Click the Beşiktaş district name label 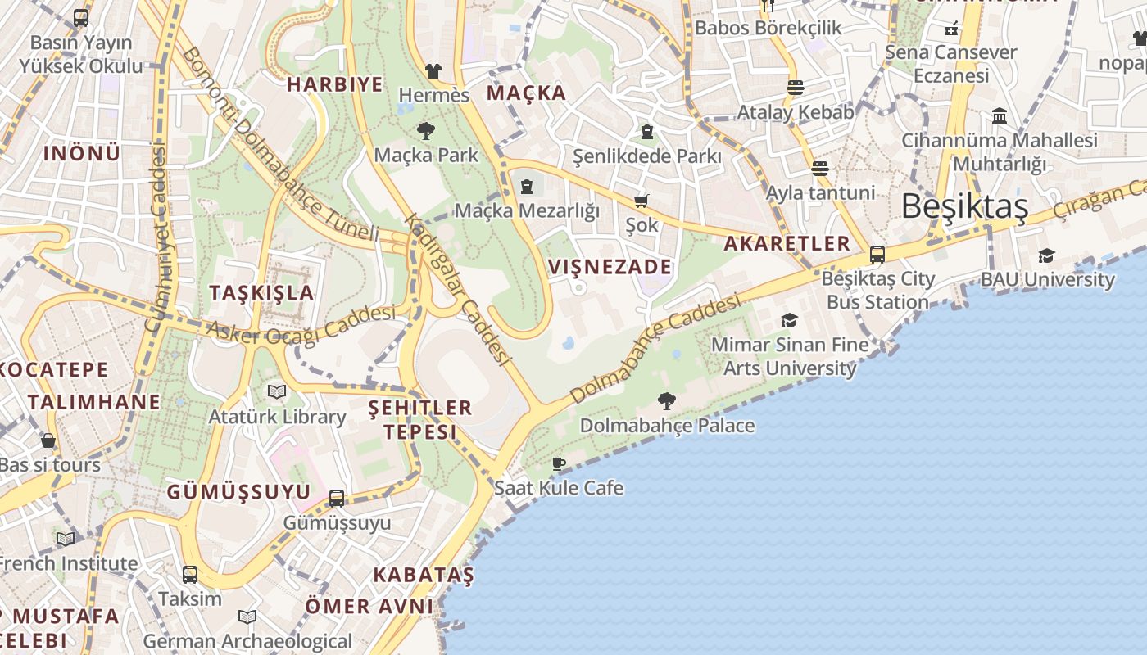(x=964, y=207)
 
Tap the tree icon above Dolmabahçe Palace (x=667, y=401)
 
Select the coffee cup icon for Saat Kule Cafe (x=559, y=464)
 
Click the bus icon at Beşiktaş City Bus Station (x=877, y=255)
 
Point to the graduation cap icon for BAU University (x=1046, y=256)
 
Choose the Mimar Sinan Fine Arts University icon (x=789, y=320)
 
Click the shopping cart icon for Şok (x=642, y=201)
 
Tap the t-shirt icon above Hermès (x=433, y=71)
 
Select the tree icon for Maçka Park (x=425, y=130)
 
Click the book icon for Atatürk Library (x=277, y=392)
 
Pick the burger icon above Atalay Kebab (x=795, y=88)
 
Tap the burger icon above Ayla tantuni (x=820, y=169)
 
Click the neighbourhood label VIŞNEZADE (x=610, y=267)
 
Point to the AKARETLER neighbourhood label (x=787, y=243)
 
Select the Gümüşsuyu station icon (x=337, y=498)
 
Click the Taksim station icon (x=190, y=574)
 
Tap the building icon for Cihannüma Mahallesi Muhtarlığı (x=999, y=116)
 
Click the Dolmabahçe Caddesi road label (x=655, y=350)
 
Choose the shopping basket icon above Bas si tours (x=48, y=440)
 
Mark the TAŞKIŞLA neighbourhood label (x=261, y=293)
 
